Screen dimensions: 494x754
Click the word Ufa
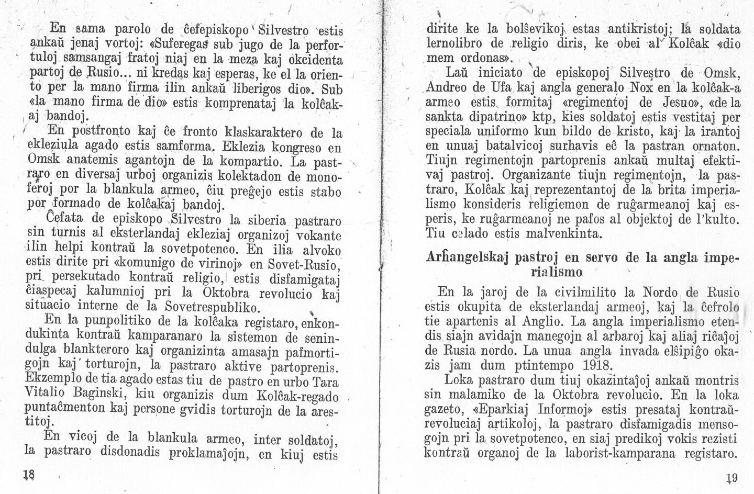(486, 85)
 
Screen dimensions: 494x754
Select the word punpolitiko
(111, 320)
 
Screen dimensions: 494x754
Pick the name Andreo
(445, 85)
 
